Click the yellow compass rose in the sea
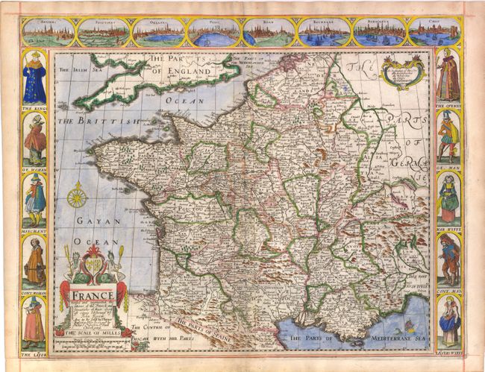click(x=77, y=198)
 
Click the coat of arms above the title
click(x=93, y=265)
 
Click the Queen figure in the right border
click(x=448, y=77)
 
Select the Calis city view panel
click(x=434, y=32)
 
